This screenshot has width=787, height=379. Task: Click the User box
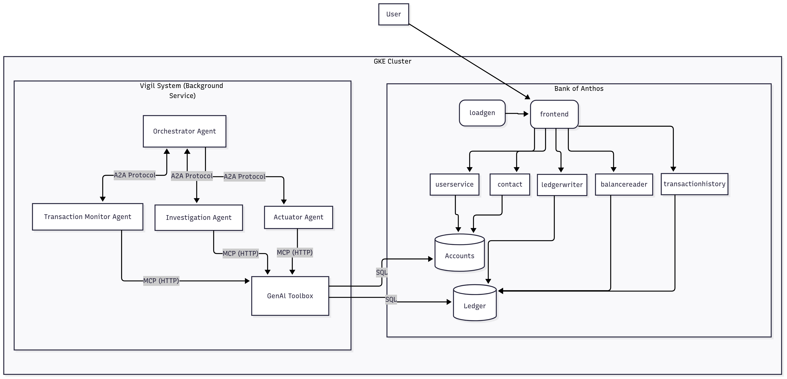393,14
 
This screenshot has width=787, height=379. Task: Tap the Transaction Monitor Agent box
88,217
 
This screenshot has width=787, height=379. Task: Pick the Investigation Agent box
199,218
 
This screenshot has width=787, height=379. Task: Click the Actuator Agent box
298,217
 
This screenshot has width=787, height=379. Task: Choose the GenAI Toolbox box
290,296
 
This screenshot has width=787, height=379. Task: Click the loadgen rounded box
482,113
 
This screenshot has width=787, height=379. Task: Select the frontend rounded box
554,114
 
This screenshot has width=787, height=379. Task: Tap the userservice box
454,185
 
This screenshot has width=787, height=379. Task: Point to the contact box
510,185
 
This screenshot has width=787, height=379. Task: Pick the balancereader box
624,185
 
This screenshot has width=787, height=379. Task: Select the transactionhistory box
694,184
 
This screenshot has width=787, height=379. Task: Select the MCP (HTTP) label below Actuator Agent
295,252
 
